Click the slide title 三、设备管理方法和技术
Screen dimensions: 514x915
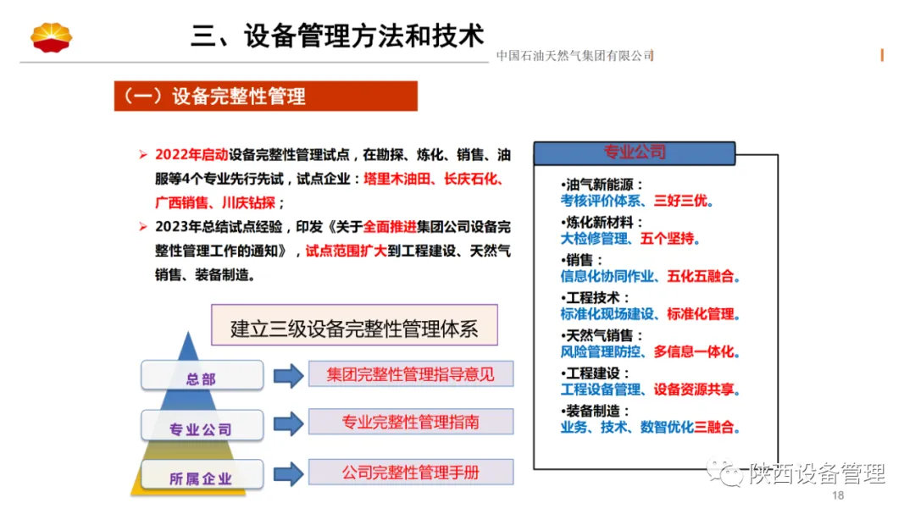[x=337, y=36]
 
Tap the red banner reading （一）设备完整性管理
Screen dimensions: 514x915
[x=266, y=97]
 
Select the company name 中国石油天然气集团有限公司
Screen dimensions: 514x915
[x=574, y=56]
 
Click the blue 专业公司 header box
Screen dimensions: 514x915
[x=635, y=152]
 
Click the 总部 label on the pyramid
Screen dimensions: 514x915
[x=201, y=378]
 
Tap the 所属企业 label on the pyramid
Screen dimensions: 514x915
[x=201, y=478]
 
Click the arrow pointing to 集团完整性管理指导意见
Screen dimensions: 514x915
[x=288, y=375]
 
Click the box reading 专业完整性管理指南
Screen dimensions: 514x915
[x=411, y=423]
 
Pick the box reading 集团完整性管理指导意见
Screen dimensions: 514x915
[x=411, y=373]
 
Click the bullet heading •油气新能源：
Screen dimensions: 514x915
[x=602, y=185]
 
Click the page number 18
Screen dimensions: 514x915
[x=839, y=495]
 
